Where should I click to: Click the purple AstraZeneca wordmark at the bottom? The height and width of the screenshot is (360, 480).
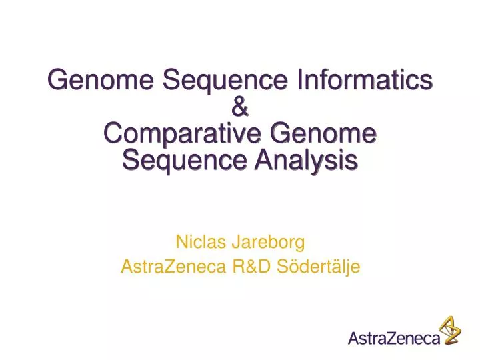[394, 339]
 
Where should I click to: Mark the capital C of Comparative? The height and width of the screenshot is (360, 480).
[113, 133]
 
